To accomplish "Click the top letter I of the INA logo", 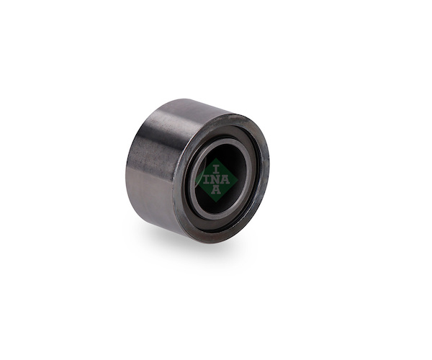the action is coord(216,169).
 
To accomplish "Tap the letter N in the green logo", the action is coord(216,180).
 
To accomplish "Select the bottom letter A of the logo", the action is coord(216,190).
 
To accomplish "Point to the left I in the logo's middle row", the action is coord(207,180).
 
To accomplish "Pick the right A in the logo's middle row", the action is coord(225,180).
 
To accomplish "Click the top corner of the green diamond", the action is coord(217,158).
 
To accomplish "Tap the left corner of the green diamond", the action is coord(195,180).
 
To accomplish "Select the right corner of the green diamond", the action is coord(238,180).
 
